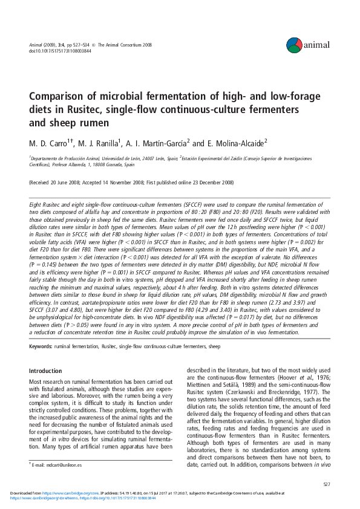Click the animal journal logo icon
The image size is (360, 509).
coord(293,44)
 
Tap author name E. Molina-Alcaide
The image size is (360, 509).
coord(235,143)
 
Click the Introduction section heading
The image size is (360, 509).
coord(45,371)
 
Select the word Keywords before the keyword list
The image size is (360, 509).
coord(41,346)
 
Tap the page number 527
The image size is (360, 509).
coord(326,484)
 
